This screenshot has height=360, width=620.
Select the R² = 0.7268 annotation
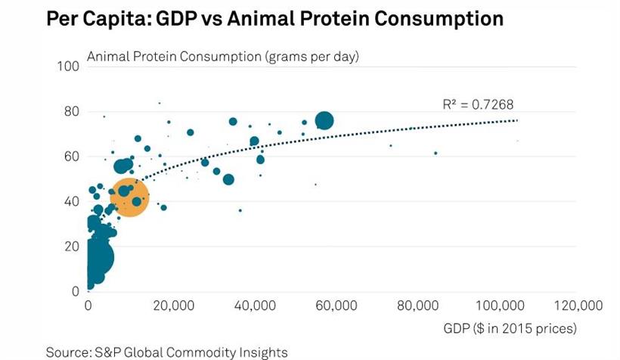pos(477,105)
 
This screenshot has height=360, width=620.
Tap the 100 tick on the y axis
pos(69,67)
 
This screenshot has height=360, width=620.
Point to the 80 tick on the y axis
pos(72,111)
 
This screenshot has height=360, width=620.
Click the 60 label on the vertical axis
pos(72,157)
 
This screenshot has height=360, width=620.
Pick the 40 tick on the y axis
pos(72,201)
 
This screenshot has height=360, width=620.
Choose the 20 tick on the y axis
pos(72,246)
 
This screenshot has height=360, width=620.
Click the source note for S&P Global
pos(166,352)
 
